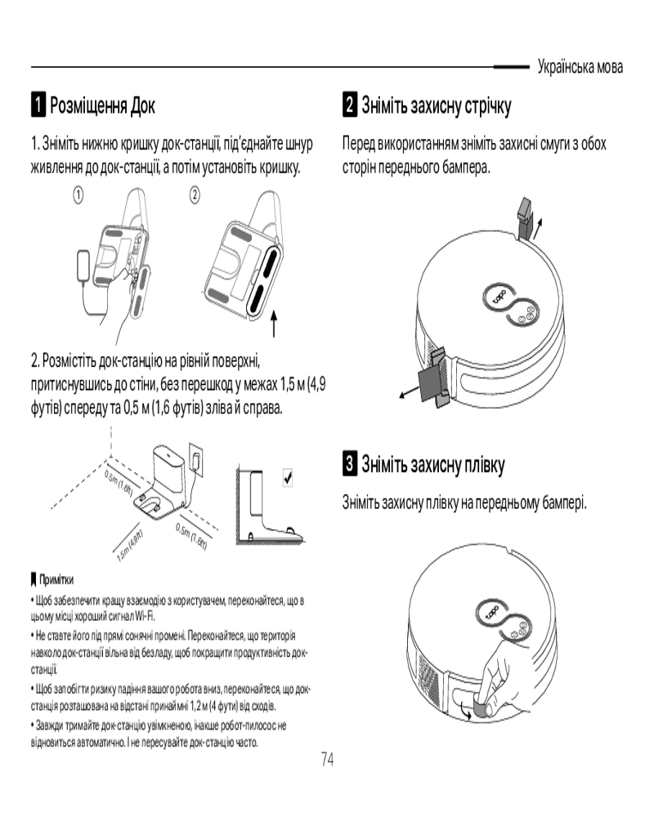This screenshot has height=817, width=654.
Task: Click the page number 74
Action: [x=327, y=759]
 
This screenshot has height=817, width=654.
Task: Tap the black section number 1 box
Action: [x=38, y=105]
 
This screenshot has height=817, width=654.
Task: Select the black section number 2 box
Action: [x=350, y=105]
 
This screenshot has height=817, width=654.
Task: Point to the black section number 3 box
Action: [x=350, y=463]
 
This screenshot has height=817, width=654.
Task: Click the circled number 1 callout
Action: [x=78, y=195]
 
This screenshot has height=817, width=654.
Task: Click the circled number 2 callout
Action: [x=195, y=195]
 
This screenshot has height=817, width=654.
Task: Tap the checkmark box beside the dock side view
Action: [x=288, y=477]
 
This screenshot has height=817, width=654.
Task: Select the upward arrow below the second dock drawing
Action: [x=274, y=324]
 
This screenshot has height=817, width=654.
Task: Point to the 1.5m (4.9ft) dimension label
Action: [x=129, y=546]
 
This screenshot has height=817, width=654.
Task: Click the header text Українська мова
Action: [x=580, y=67]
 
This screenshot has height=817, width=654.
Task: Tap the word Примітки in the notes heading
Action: [x=56, y=579]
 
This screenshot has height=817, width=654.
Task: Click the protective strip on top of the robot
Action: [x=525, y=217]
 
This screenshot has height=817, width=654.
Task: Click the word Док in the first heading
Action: [x=142, y=105]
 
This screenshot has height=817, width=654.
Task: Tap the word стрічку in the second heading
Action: [x=487, y=105]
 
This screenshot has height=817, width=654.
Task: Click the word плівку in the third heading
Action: [x=485, y=464]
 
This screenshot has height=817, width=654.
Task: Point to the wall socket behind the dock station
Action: [x=197, y=460]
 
